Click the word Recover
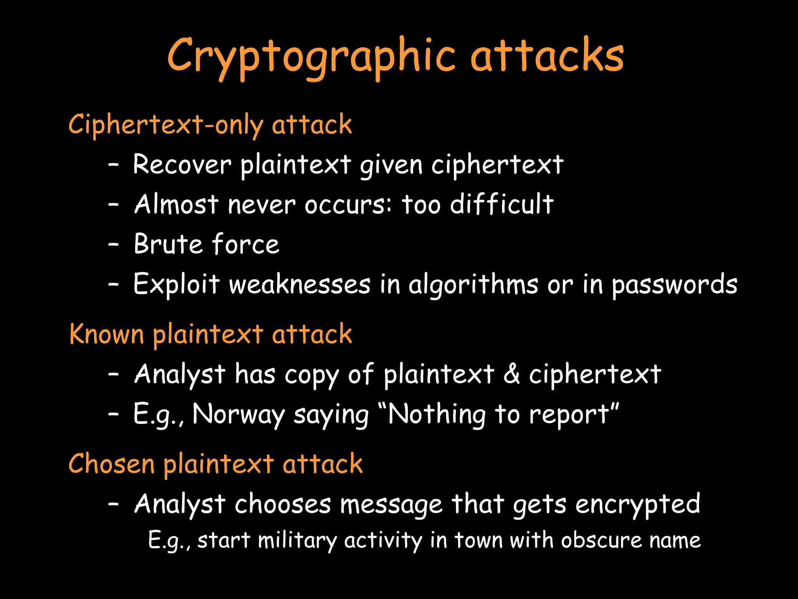(182, 164)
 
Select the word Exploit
(177, 284)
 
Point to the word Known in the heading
(106, 334)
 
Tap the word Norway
(238, 414)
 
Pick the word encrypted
(638, 505)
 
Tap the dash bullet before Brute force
(113, 245)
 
